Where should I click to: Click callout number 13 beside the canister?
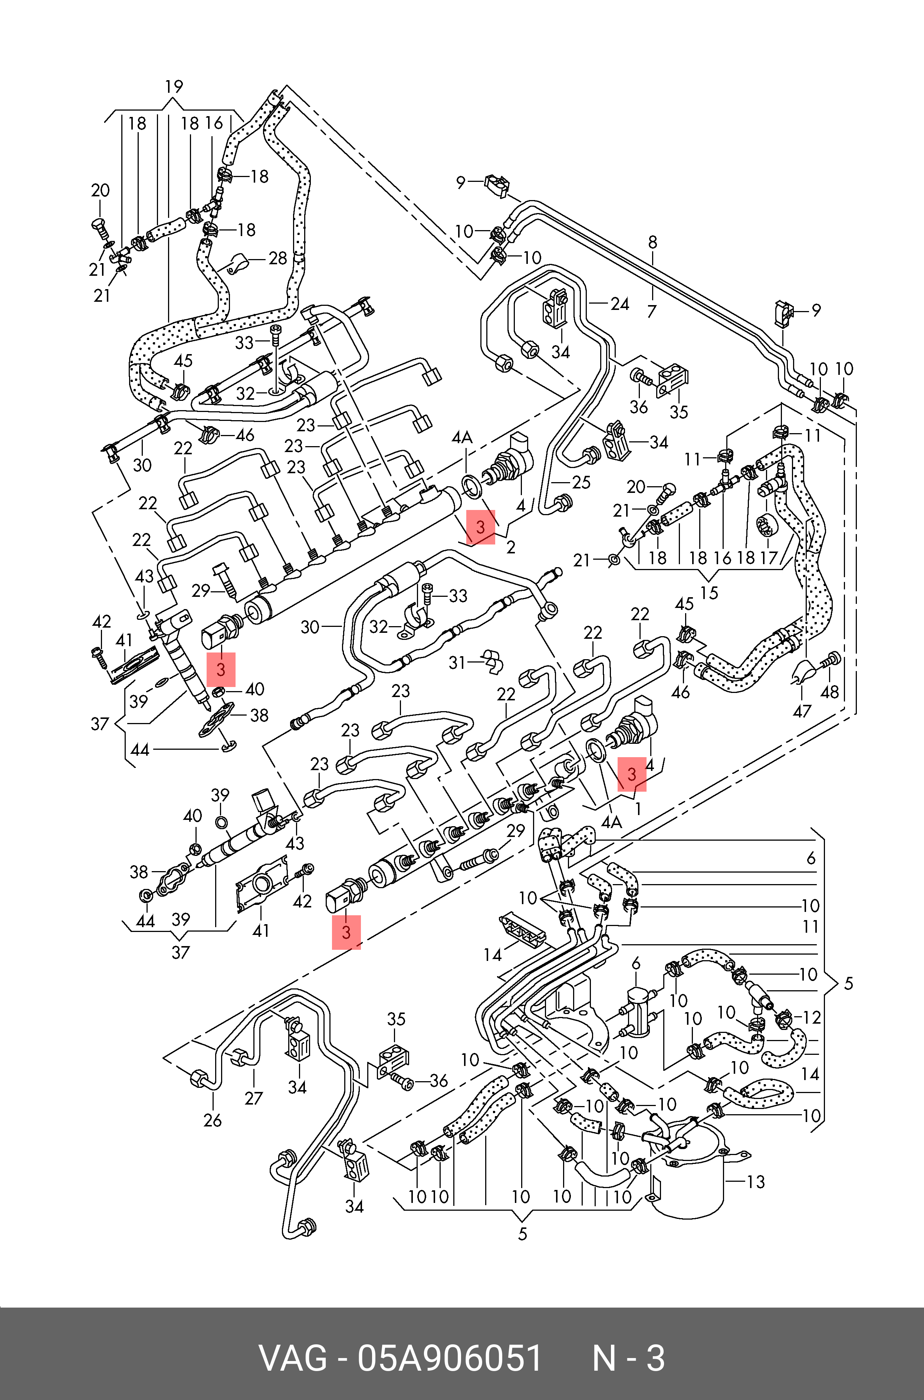756,1181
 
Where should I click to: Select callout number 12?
812,1017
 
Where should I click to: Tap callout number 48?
829,691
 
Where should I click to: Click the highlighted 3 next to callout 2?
480,527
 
